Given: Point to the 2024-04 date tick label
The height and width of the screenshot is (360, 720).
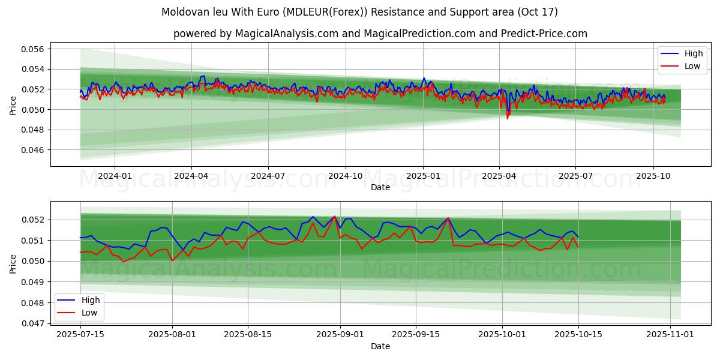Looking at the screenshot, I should [x=191, y=176].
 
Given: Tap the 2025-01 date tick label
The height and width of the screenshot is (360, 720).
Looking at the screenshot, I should [x=422, y=176].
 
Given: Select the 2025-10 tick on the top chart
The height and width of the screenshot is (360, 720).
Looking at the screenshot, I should [x=653, y=176].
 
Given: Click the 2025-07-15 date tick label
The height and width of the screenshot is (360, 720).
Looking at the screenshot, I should [x=80, y=335].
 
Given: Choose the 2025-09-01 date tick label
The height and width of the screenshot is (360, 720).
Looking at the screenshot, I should [x=340, y=335].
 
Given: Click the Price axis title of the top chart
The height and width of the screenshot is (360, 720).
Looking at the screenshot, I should [x=13, y=104].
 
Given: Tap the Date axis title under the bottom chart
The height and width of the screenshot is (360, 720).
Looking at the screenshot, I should [x=380, y=346].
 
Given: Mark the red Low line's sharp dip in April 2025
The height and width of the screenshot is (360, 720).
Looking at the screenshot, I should [x=507, y=118].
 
